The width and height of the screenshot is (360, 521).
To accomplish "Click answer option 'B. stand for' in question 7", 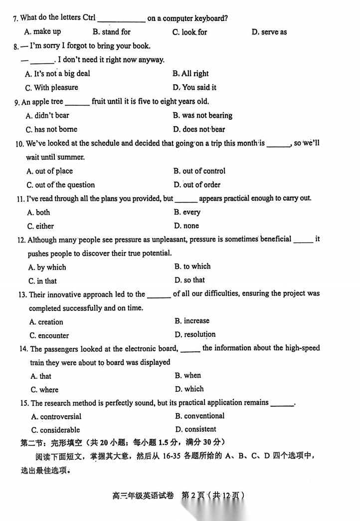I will pos(111,32).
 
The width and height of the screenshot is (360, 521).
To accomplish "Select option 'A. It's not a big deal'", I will pos(58,74).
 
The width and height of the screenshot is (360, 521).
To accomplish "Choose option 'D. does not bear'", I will pos(199,129).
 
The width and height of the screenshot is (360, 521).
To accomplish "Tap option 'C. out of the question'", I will pos(61,185).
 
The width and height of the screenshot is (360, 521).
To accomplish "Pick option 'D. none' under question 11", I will pos(186,226).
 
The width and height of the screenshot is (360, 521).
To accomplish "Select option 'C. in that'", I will pos(42,281).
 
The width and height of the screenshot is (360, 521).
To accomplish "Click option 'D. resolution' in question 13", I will pos(195,334).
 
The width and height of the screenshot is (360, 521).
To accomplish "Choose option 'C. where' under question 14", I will pos(44,390).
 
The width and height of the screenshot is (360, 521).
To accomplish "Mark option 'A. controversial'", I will pos(56,417).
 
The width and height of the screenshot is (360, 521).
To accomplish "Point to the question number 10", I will pos(20,144).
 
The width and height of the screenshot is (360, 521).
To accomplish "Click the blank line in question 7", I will pos(121,20).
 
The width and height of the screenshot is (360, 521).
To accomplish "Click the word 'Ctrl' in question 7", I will pos(88,17).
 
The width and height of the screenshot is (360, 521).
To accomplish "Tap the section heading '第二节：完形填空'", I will pos(52,442).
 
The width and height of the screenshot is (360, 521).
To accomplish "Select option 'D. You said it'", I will pos(194,87).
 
